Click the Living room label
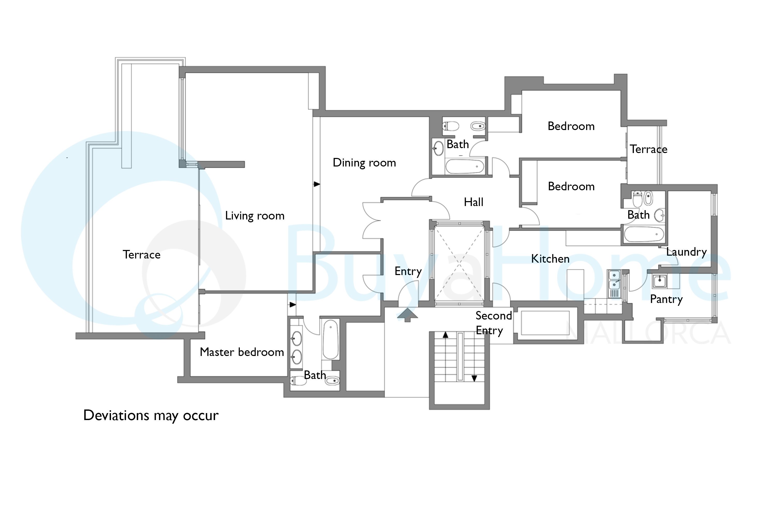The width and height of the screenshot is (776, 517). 255,216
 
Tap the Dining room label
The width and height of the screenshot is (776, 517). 364,163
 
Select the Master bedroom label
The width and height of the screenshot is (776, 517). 242,352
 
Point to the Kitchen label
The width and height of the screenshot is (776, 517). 550,259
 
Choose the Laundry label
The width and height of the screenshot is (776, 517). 686,252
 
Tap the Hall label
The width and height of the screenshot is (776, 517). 473,202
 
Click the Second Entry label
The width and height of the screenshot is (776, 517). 494,323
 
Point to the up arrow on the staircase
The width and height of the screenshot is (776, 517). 445,335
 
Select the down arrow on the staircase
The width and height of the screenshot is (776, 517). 474,378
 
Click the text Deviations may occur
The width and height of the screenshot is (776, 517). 151,416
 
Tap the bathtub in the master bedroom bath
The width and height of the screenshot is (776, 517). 331,339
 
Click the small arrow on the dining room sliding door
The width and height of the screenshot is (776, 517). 317,184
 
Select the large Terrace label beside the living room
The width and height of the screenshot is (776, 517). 141,255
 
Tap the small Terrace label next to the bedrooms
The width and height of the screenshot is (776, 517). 648,149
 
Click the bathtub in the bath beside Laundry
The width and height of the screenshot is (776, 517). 644,234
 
